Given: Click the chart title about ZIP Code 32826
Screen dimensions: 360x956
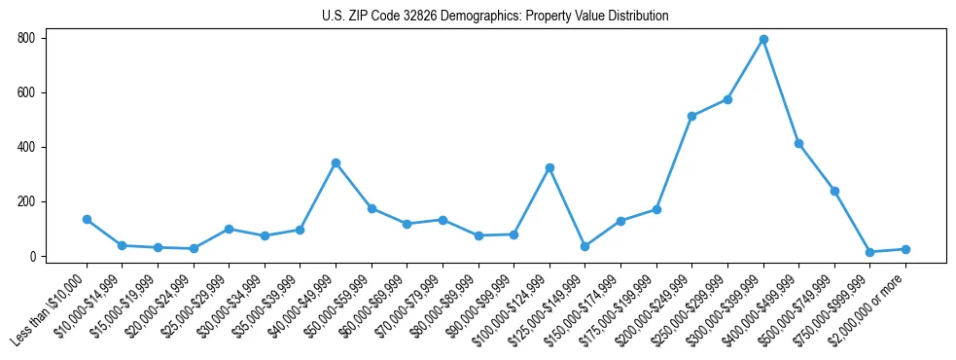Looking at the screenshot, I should point(495,17).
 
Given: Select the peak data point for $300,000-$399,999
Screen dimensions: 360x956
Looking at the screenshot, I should point(763,40).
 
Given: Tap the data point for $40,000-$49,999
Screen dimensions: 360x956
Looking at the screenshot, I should point(336,162).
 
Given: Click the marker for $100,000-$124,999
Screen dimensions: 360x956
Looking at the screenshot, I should point(549,167).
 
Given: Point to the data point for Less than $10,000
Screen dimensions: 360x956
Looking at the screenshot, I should point(87,219).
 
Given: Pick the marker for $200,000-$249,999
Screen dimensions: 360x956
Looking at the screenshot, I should point(691,116).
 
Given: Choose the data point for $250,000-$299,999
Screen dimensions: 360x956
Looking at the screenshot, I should point(727,99).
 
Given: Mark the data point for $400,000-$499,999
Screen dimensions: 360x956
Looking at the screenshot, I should point(798,143).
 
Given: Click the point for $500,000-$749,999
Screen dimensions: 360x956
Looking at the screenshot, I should point(834,191).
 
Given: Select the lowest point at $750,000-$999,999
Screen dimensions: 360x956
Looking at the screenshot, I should point(870,252).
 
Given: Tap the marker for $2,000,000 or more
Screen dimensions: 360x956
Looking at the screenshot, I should point(905,249).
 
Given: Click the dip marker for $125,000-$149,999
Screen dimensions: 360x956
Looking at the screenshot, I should point(584,246).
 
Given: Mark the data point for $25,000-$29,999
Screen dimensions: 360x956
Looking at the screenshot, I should point(229,229).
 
